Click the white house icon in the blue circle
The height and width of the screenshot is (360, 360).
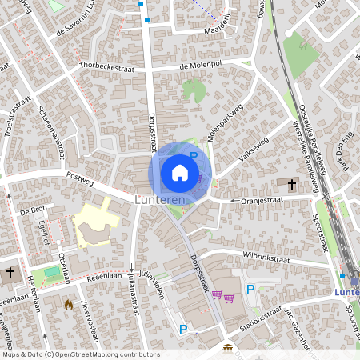point(180,172)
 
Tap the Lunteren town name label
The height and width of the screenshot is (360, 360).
point(160,199)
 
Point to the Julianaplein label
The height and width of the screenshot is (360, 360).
point(151,286)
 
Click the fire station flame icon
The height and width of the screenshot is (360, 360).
point(69,305)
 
